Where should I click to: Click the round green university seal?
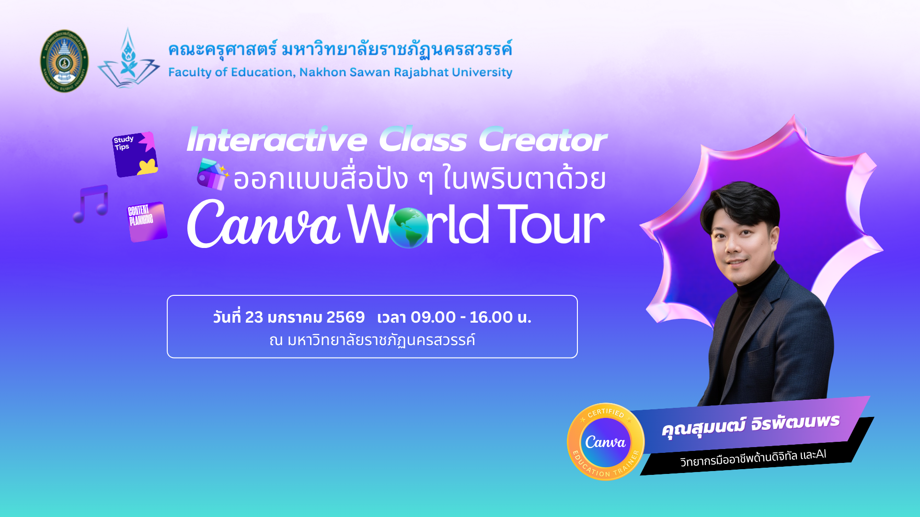[x=64, y=61]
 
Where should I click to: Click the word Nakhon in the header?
[x=322, y=72]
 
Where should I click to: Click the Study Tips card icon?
[x=135, y=154]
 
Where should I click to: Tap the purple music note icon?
[x=91, y=204]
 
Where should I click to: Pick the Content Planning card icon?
[x=147, y=222]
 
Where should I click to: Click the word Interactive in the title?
[x=277, y=140]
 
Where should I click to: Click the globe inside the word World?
[x=408, y=228]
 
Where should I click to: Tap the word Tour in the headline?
[x=551, y=224]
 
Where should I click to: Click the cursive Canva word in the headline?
[x=264, y=224]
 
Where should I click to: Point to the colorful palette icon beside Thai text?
[x=212, y=174]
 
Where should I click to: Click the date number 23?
[x=254, y=317]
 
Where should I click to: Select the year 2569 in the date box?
[x=345, y=317]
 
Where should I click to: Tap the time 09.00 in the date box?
[x=433, y=317]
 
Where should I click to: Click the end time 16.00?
[x=491, y=317]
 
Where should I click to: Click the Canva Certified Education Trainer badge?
[x=606, y=441]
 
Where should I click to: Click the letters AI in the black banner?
[x=821, y=454]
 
